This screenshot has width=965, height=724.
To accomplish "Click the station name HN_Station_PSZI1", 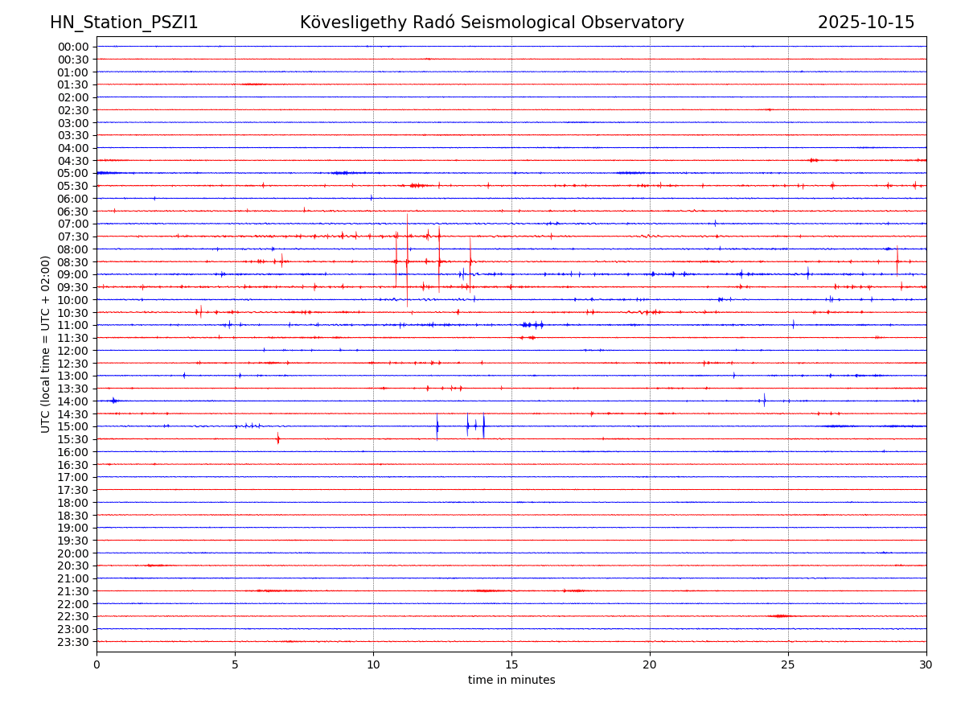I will pyautogui.click(x=124, y=23).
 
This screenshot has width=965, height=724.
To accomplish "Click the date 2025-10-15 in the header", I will pyautogui.click(x=866, y=23).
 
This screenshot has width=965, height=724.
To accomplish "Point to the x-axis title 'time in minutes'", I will pyautogui.click(x=511, y=680).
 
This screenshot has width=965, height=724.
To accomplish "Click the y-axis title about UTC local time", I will pyautogui.click(x=46, y=343).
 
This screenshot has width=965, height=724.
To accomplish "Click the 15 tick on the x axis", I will pyautogui.click(x=511, y=664).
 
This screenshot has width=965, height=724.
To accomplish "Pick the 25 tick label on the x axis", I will pyautogui.click(x=788, y=664).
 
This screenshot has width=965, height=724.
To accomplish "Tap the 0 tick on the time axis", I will pyautogui.click(x=96, y=664).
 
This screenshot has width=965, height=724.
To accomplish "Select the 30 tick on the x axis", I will pyautogui.click(x=926, y=664).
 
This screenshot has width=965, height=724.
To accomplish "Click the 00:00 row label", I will pyautogui.click(x=73, y=47).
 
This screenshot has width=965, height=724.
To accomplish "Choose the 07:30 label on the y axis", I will pyautogui.click(x=73, y=237).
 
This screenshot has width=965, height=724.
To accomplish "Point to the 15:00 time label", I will pyautogui.click(x=73, y=426).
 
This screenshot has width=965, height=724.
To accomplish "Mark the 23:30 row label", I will pyautogui.click(x=73, y=642).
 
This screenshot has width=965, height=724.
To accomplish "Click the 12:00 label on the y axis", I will pyautogui.click(x=73, y=351).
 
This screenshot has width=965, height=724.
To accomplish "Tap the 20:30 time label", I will pyautogui.click(x=73, y=566).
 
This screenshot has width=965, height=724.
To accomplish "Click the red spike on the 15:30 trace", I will pyautogui.click(x=278, y=438).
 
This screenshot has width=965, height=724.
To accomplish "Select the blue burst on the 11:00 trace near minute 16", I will pyautogui.click(x=532, y=325).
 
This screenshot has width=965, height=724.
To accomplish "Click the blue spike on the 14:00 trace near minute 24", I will pyautogui.click(x=764, y=400).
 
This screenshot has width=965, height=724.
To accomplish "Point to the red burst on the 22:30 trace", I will pyautogui.click(x=778, y=616).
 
